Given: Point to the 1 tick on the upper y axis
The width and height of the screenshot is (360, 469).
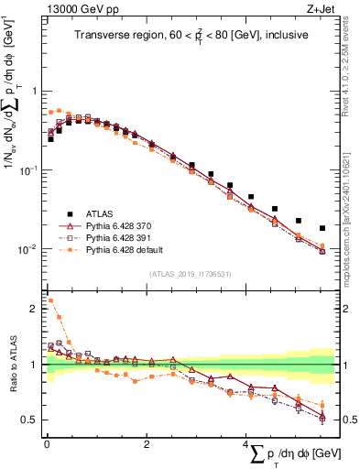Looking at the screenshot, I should coord(34,92).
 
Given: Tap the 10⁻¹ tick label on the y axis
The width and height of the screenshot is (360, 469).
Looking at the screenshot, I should coord(27,170).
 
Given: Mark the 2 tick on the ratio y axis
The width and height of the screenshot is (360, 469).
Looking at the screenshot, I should coord(34,309).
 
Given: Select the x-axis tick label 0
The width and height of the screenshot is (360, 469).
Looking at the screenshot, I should coord(47,444).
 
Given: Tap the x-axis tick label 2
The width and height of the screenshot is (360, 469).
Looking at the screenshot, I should coord(147,444).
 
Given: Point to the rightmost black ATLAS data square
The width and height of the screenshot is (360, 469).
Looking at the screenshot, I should coord(322,228).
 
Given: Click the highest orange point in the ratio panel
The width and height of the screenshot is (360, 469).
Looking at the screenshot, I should coord(50,300).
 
